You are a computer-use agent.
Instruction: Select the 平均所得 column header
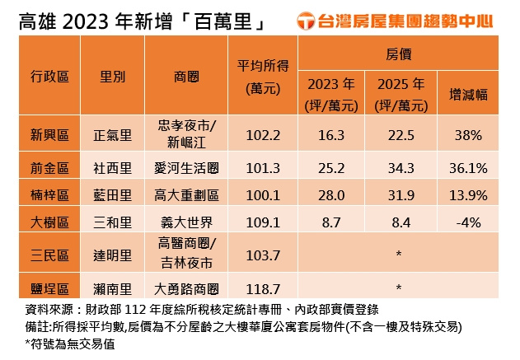[x=263, y=76]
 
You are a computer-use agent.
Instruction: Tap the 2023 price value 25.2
[x=331, y=168]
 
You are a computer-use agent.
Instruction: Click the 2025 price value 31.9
[x=399, y=194]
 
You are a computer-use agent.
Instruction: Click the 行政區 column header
[x=50, y=76]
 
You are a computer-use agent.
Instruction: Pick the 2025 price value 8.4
[x=399, y=222]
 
